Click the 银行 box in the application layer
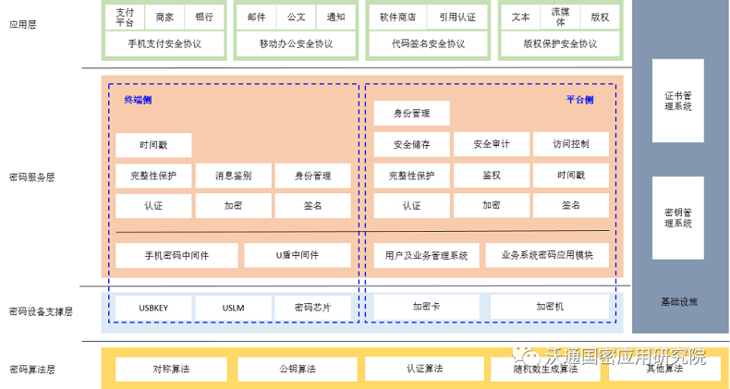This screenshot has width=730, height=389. (204, 17)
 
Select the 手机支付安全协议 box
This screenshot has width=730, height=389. (165, 43)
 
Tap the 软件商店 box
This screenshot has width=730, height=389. (398, 17)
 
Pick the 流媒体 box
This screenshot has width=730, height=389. (560, 17)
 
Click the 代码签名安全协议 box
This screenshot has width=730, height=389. (428, 43)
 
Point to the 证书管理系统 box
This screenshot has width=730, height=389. (677, 101)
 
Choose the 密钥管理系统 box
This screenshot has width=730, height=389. (677, 218)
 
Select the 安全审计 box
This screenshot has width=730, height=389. (491, 144)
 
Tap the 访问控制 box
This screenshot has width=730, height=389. (570, 144)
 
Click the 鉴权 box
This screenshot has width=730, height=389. (491, 176)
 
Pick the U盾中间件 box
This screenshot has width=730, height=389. (297, 255)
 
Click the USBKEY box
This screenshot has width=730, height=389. (153, 308)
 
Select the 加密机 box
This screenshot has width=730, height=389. (550, 307)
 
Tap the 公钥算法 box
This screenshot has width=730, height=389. (297, 369)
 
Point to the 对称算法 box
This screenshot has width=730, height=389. (170, 369)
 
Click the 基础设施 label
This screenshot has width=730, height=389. (679, 302)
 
